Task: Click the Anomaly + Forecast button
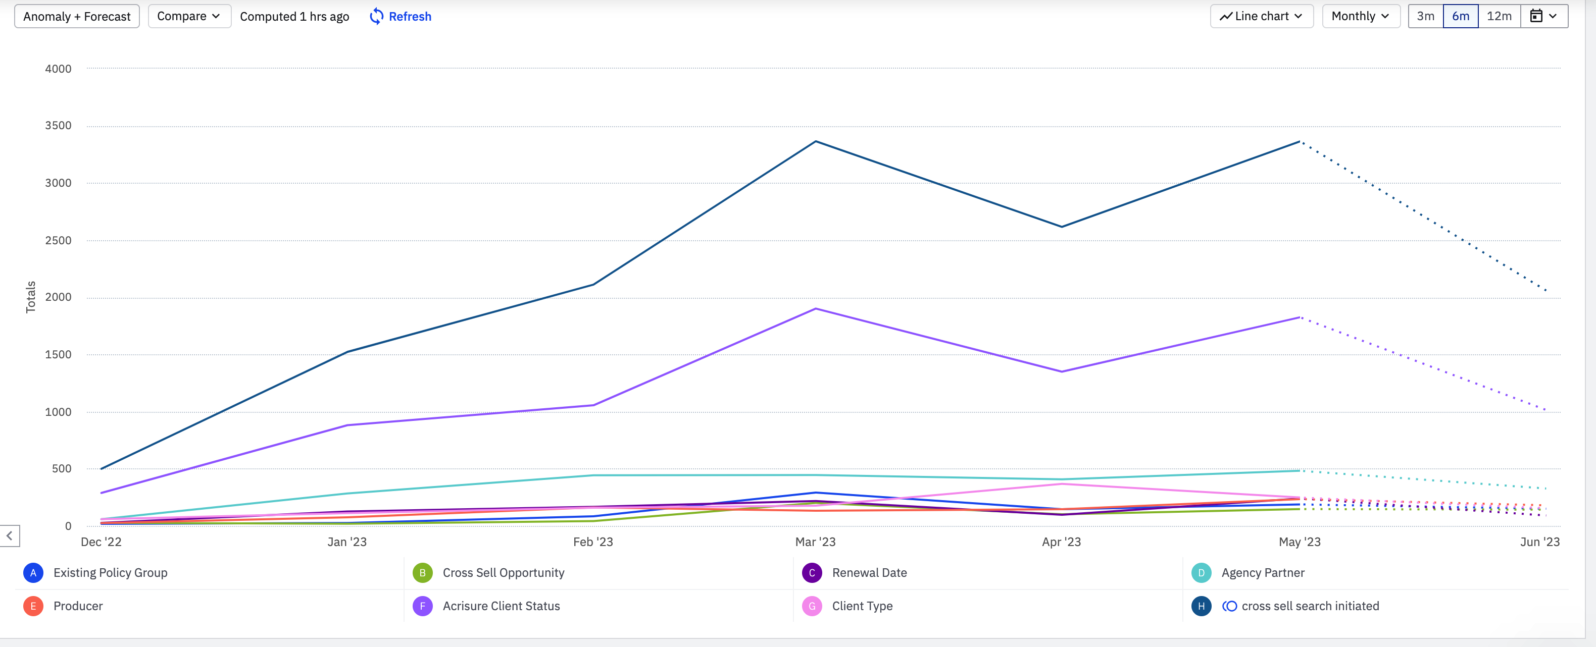[x=77, y=17]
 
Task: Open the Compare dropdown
[x=189, y=16]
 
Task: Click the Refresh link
[x=401, y=17]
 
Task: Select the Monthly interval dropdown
[x=1361, y=16]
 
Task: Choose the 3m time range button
[x=1425, y=16]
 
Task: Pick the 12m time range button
[x=1499, y=16]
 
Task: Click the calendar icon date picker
[x=1543, y=16]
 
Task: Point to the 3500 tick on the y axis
[x=58, y=126]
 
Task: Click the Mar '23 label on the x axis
[x=815, y=542]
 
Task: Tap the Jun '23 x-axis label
[x=1539, y=542]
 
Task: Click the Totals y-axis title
[x=30, y=297]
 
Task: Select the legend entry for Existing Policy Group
[x=110, y=573]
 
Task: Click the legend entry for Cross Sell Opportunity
[x=503, y=573]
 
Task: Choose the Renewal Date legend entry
[x=869, y=573]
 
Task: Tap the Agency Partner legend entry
[x=1262, y=573]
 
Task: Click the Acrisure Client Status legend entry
[x=501, y=606]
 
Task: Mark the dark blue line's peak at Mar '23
[x=815, y=142]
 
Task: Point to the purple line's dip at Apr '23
[x=1061, y=371]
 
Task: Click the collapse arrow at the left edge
[x=10, y=535]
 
